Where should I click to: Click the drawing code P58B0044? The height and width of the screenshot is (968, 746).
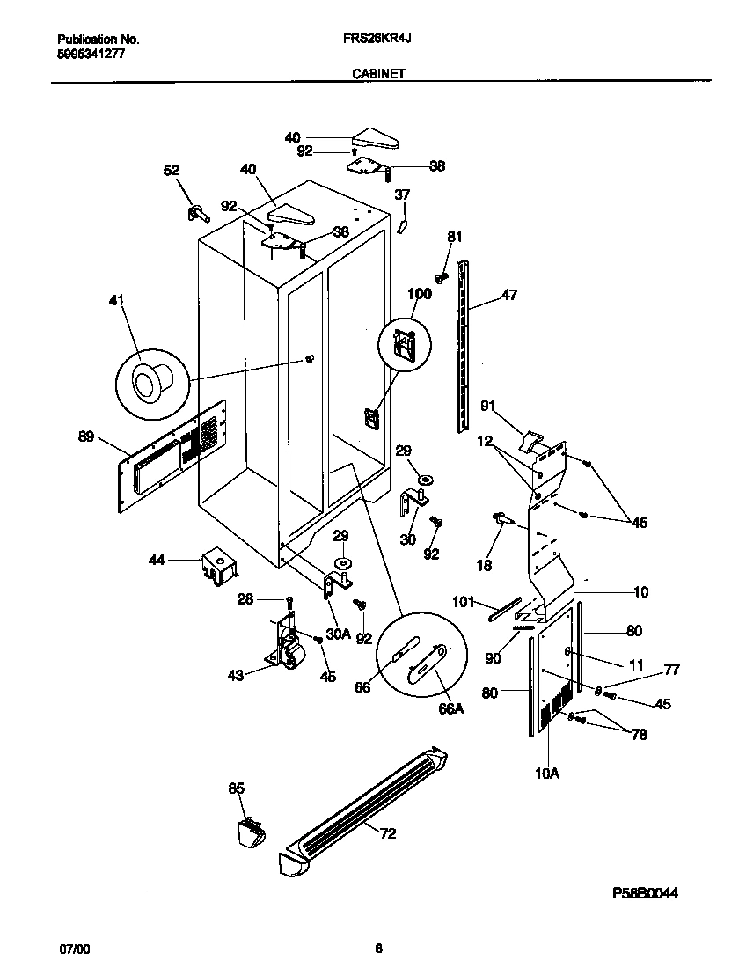coord(646,893)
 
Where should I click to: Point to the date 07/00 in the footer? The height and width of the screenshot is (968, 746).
coord(74,949)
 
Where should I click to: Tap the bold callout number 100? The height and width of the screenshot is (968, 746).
coord(420,294)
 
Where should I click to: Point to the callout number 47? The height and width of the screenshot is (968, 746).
coord(509,297)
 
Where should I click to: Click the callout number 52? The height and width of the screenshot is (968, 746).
coord(172,170)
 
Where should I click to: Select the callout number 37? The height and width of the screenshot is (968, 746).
coord(401,194)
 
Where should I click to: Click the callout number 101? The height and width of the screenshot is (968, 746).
coord(464,603)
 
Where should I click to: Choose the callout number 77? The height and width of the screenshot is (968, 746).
coord(671,670)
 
